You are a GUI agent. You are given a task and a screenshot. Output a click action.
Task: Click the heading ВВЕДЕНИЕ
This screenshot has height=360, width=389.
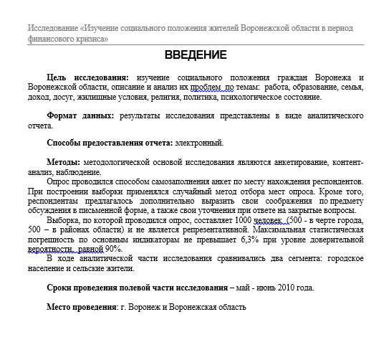pos(195,55)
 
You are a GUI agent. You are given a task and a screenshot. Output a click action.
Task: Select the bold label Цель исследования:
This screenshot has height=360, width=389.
pos(88,77)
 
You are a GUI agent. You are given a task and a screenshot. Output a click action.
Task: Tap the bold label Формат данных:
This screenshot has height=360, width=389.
pos(80,115)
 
